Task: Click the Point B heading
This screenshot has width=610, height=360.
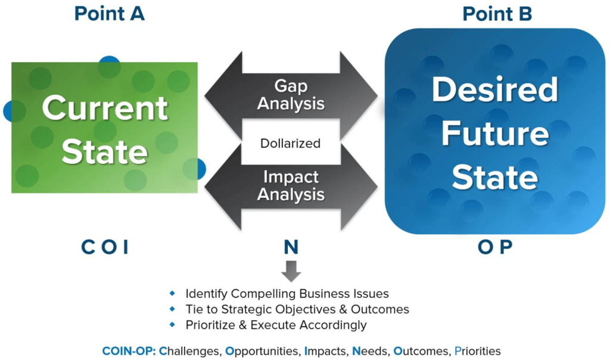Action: coord(497,14)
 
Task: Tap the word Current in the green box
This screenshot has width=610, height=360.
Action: coord(105,108)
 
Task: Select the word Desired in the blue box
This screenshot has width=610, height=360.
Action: coord(495,89)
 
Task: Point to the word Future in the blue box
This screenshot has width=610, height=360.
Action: coord(495,133)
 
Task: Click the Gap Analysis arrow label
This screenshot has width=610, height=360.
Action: coord(291,95)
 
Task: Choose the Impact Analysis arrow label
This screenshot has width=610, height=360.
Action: coord(291,185)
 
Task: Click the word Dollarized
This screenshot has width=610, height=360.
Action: coord(290,143)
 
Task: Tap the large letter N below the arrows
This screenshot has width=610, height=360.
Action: coord(291,247)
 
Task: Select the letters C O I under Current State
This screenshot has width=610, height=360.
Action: coord(105,247)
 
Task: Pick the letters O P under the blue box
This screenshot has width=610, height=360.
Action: coord(495,247)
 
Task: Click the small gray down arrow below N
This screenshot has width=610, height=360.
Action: coord(291,271)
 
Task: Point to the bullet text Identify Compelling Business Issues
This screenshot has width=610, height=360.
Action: coord(287,293)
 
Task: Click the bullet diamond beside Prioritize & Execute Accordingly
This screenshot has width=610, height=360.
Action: coord(172,324)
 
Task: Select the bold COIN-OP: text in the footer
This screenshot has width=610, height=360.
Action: coord(129,351)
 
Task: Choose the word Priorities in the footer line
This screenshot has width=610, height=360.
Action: coord(477,351)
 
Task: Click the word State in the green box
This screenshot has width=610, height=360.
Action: coord(105,151)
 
